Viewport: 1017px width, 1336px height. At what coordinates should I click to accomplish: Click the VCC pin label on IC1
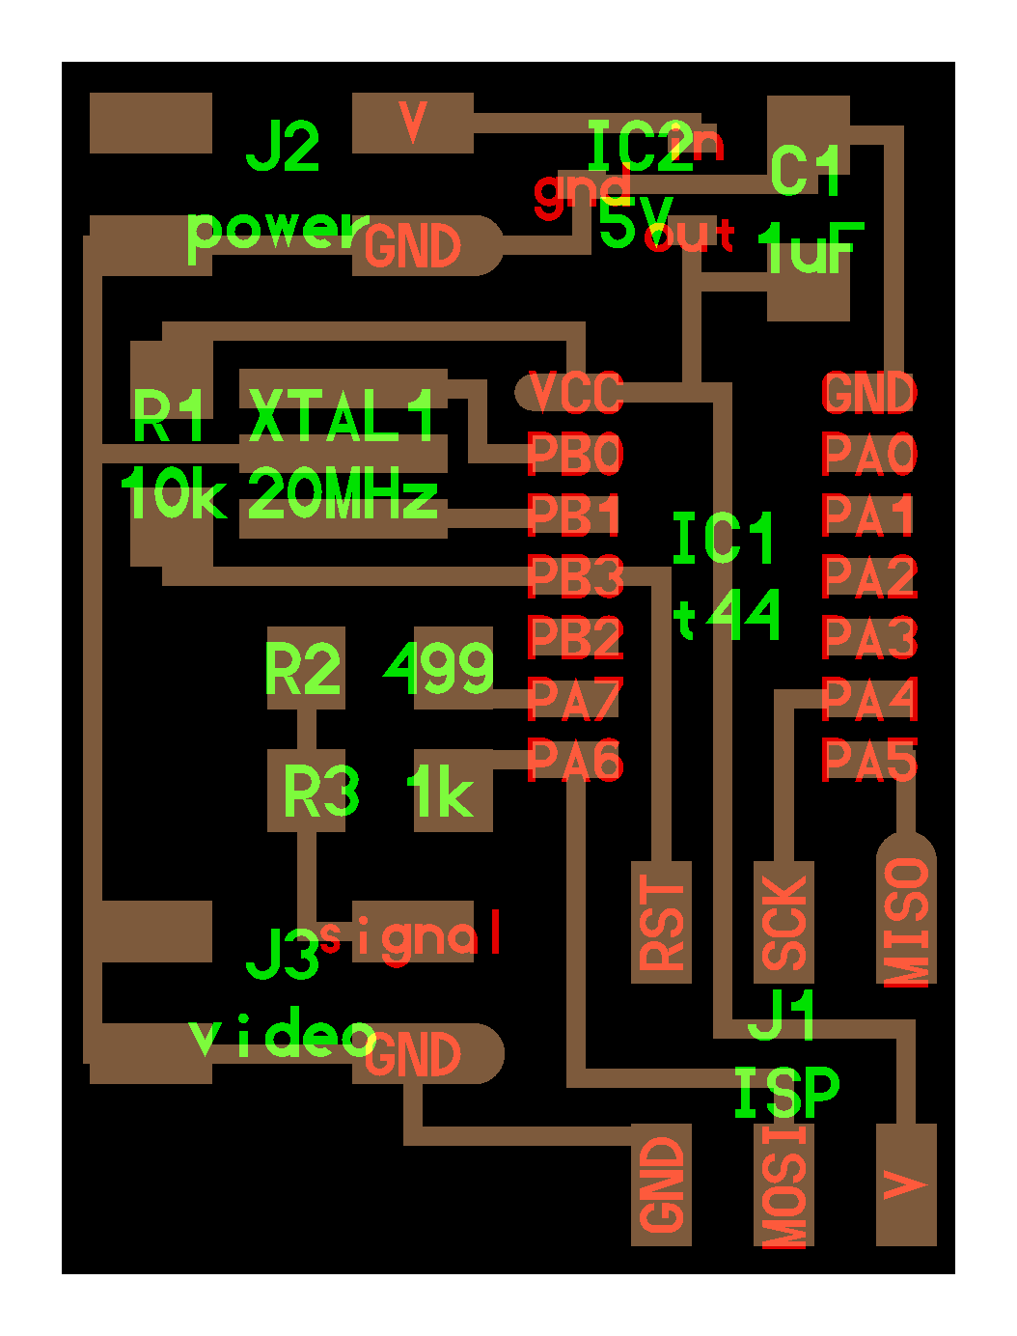coord(576,393)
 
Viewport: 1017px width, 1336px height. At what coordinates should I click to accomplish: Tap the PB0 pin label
coord(576,455)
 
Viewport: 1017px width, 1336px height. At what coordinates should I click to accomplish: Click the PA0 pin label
coord(869,455)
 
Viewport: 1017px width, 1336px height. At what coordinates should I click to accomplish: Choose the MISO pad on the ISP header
coord(907,922)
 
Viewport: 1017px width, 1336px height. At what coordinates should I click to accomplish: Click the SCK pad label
coord(784,923)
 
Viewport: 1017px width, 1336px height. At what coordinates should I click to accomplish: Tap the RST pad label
coord(662,923)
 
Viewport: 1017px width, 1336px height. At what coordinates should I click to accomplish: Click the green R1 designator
coord(170,417)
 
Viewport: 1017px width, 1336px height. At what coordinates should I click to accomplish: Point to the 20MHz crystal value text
coord(344,496)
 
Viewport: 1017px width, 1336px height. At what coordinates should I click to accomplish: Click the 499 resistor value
coord(440,668)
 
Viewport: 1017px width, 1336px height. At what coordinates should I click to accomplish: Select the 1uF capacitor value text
coord(811,249)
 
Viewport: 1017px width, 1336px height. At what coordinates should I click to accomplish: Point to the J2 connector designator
coord(283,147)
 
